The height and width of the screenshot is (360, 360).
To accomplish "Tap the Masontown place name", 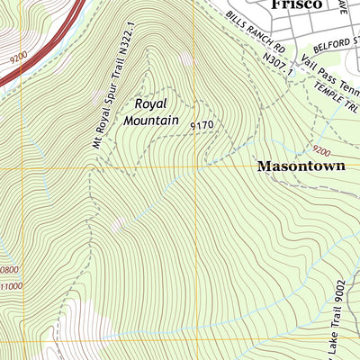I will click(x=302, y=166).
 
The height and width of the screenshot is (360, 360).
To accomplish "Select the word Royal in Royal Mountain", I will click(x=152, y=103).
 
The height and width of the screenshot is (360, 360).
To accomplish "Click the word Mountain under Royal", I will click(x=152, y=120).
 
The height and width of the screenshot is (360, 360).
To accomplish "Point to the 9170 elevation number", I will click(x=202, y=126).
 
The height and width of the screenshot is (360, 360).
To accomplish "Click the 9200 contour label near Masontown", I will click(x=321, y=149).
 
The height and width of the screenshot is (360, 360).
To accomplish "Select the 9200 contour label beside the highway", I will click(x=17, y=55).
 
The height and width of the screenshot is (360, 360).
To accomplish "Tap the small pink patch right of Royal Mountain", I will click(x=186, y=59).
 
